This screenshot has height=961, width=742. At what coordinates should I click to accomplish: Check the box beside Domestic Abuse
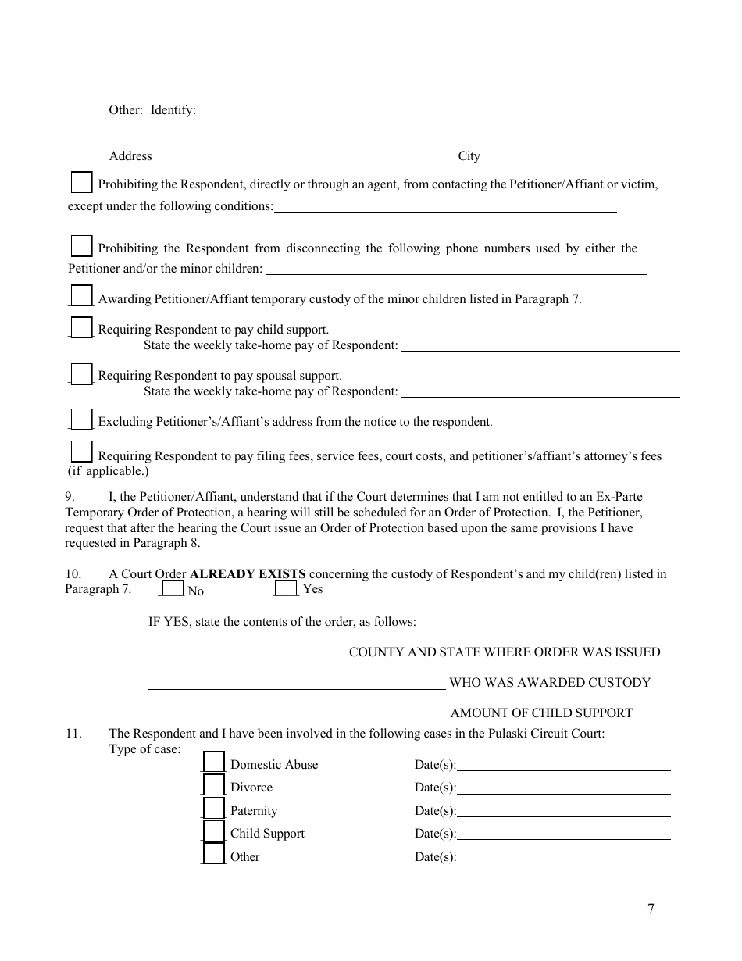(214, 763)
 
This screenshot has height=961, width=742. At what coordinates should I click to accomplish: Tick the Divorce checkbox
(214, 785)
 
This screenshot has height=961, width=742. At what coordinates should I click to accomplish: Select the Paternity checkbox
(214, 809)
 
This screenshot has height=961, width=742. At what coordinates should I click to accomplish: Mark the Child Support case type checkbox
(214, 831)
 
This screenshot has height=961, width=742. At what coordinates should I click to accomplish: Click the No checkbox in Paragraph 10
(173, 588)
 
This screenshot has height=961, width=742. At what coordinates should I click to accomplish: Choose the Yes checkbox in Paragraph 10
(287, 588)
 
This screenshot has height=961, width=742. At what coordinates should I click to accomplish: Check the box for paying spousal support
(81, 374)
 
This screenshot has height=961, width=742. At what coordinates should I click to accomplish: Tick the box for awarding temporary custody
(81, 297)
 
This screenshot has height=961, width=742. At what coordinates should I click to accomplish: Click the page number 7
(651, 909)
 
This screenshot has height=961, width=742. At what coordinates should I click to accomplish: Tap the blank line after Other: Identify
(436, 111)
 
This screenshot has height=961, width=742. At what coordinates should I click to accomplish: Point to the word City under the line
(469, 156)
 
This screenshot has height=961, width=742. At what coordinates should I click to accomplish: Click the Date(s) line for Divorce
(563, 788)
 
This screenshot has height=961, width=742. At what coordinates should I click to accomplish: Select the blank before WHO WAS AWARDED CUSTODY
(297, 684)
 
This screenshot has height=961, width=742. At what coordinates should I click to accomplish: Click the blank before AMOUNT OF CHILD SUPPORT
(298, 713)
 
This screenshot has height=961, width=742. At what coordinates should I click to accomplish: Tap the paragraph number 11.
(73, 734)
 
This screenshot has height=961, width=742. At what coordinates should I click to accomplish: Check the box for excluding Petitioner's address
(81, 420)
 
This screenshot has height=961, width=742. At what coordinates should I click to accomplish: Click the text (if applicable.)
(108, 471)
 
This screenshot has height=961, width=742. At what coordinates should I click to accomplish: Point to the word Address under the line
(130, 156)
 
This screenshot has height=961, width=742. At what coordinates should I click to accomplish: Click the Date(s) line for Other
(563, 857)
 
